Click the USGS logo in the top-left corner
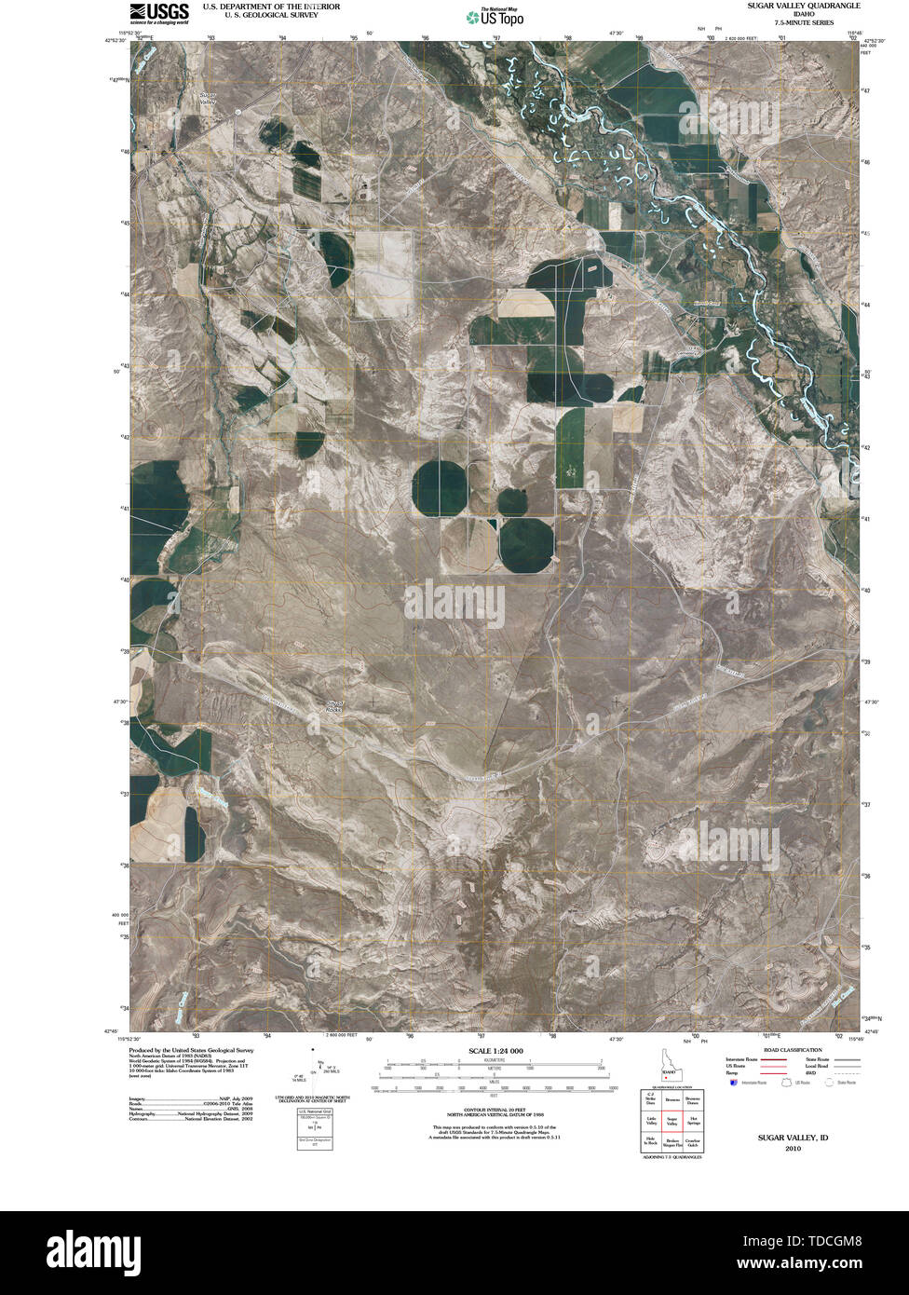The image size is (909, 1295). point(159,12)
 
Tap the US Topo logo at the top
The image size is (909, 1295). point(495,16)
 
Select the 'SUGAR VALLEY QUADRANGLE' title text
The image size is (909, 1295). point(803,6)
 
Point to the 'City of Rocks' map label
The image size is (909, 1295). point(334,706)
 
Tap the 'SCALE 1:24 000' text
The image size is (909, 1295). point(490,1051)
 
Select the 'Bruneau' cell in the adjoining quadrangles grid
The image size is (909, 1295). point(671,1101)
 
